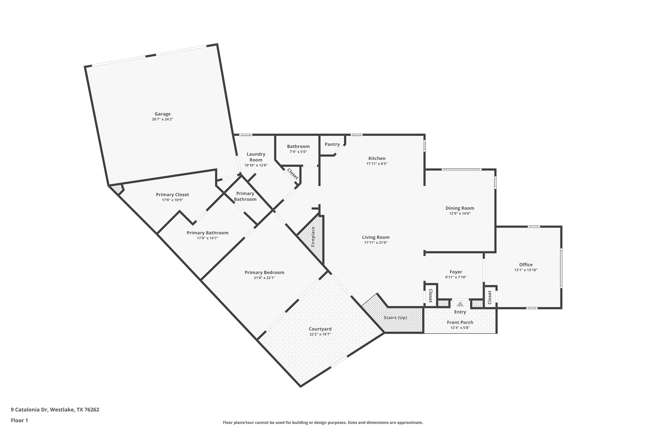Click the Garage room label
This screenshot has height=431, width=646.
coord(162,114)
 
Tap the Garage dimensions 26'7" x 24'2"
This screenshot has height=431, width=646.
coord(162,119)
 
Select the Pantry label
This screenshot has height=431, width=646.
coord(332,144)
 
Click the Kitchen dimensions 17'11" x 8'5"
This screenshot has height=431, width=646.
coord(377,164)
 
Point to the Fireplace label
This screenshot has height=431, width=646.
coord(313,236)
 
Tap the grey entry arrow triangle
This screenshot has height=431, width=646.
coord(460,304)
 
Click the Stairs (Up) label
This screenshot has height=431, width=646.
coord(395,318)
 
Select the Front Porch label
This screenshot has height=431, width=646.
coord(460,322)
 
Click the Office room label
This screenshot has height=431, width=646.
coord(526,265)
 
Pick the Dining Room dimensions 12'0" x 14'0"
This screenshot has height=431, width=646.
coord(460,213)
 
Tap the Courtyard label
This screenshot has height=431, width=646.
coord(320,329)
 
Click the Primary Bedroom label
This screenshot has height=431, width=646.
coord(264,272)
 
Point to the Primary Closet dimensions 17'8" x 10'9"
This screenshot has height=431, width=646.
coord(172,200)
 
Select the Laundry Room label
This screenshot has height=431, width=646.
coord(256,157)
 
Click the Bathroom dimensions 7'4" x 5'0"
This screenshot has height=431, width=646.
coord(298,152)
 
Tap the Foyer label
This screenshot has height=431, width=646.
coord(456,272)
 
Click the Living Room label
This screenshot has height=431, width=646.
coord(376,237)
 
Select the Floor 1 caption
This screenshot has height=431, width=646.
coord(19,421)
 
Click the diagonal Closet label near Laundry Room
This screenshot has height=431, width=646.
coord(292,174)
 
